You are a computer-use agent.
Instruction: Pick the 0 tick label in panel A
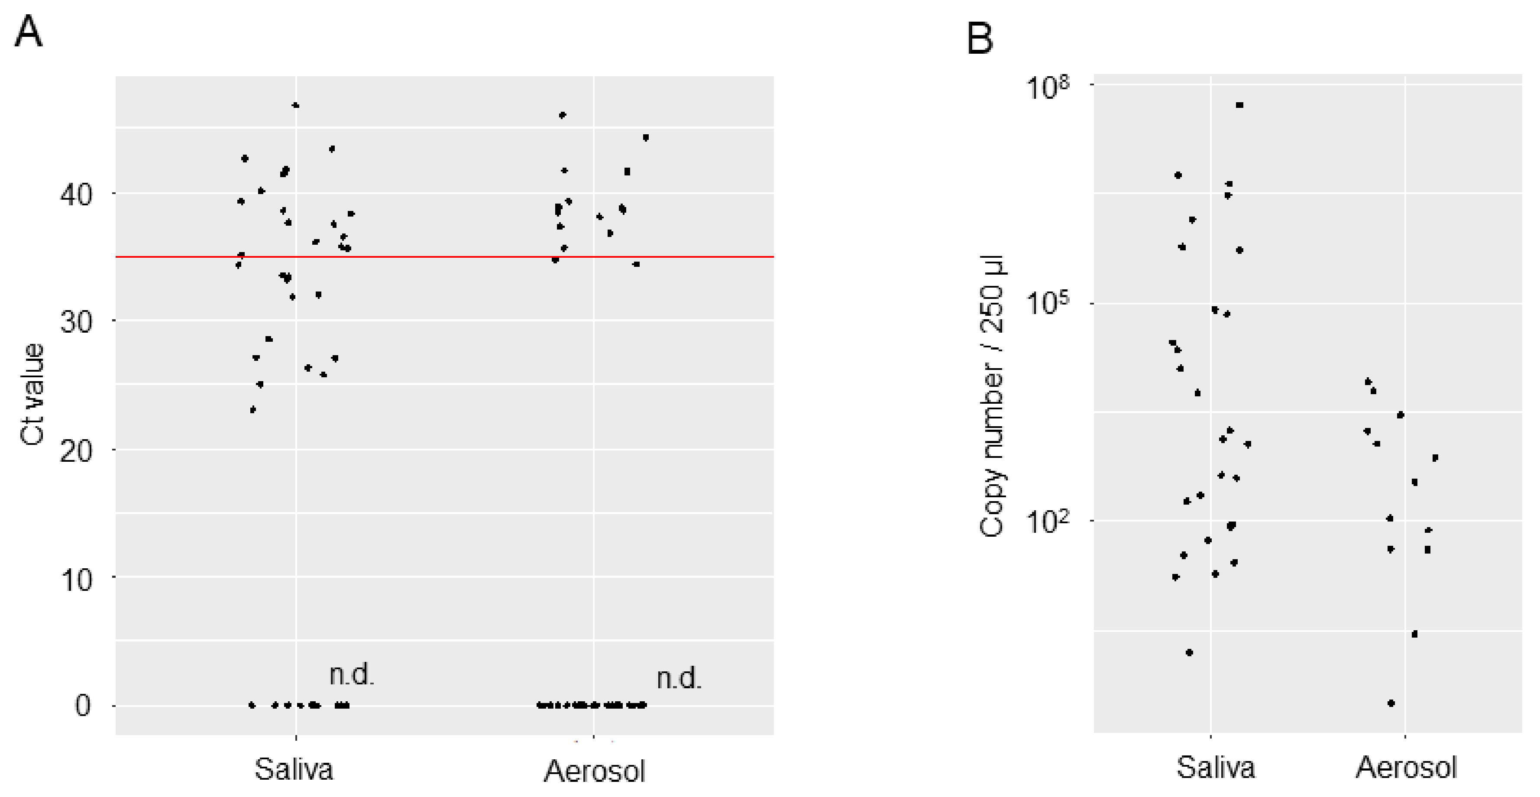pos(82,706)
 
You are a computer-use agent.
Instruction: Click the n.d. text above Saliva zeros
pos(352,675)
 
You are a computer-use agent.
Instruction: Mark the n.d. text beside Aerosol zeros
pos(679,678)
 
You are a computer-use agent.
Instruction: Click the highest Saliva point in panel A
pos(295,105)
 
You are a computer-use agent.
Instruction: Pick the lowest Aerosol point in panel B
pos(1391,703)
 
